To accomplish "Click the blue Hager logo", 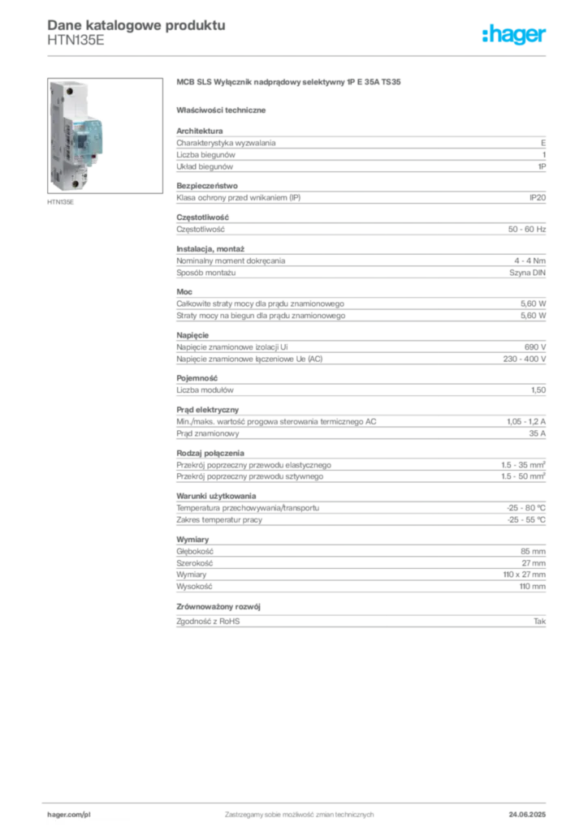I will (515, 37).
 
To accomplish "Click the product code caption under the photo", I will (62, 203).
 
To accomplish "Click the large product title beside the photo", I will (288, 84).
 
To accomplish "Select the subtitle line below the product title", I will (224, 110).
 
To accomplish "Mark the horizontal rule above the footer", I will (298, 800).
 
